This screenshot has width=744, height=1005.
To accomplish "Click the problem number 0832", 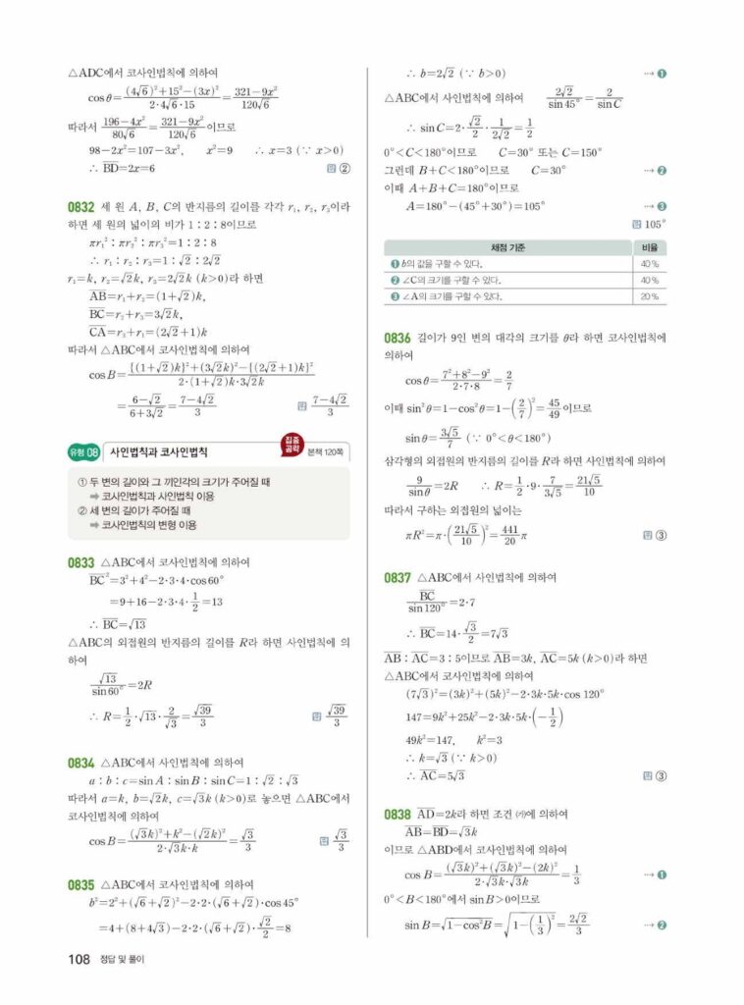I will (80, 207).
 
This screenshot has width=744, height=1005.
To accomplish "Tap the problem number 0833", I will (80, 562).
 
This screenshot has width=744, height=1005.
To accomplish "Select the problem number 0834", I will (80, 763).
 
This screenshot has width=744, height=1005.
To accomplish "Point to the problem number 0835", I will (80, 884).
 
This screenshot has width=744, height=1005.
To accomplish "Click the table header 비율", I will (649, 247).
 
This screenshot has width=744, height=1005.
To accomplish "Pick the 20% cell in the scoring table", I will (649, 296).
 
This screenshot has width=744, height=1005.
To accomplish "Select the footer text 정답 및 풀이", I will (122, 960).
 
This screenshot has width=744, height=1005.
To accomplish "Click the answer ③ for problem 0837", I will (661, 776).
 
